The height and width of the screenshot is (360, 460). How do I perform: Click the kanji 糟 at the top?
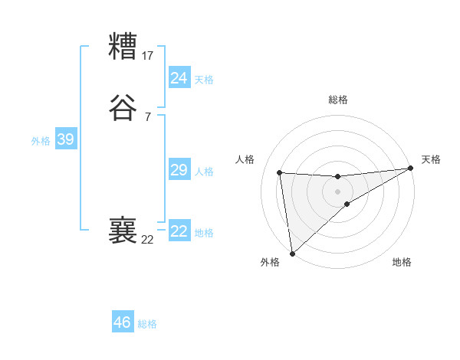(123, 47)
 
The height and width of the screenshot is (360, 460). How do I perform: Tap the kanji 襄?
(123, 230)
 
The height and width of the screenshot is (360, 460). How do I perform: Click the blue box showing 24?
(179, 77)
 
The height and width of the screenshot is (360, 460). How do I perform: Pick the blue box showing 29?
(179, 170)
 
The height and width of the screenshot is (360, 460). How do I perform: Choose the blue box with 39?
(65, 139)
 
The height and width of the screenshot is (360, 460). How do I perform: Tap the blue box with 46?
(123, 322)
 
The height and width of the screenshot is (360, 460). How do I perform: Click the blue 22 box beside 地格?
(179, 231)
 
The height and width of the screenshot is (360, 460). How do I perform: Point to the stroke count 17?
(148, 55)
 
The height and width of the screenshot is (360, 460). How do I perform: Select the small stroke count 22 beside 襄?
(148, 239)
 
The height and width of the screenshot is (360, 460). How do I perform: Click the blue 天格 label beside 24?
(204, 79)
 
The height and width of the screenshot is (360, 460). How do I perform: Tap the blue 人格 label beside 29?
(204, 172)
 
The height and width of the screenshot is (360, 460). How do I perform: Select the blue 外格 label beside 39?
(41, 141)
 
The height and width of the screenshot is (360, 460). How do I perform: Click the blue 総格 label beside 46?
(147, 324)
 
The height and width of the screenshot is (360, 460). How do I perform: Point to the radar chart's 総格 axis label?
(338, 100)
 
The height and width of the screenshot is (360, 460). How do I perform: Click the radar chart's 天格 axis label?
(431, 159)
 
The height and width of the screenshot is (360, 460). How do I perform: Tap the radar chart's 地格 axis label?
(402, 262)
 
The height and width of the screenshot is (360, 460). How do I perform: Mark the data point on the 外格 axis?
(291, 254)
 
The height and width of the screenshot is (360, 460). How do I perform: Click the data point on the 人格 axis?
(280, 172)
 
